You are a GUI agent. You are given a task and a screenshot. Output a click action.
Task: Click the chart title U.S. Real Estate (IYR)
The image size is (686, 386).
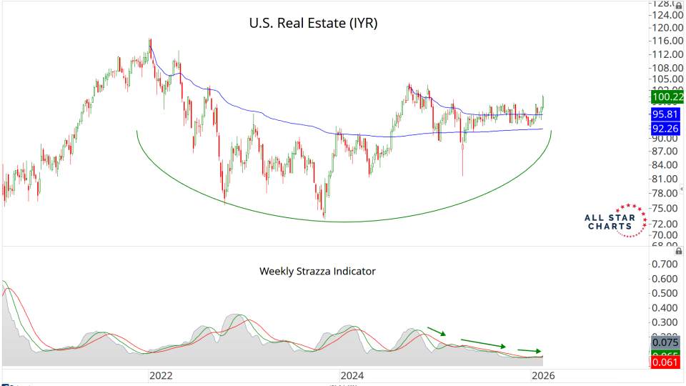(x=313, y=24)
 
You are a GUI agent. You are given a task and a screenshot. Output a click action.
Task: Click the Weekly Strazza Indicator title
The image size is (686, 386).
(x=317, y=272)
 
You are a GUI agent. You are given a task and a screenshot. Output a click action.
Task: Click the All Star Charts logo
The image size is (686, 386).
(x=610, y=219)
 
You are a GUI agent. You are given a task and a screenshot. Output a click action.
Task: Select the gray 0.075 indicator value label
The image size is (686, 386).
(x=665, y=342)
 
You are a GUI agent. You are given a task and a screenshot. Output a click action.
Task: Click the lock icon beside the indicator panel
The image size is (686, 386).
(x=677, y=251)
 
